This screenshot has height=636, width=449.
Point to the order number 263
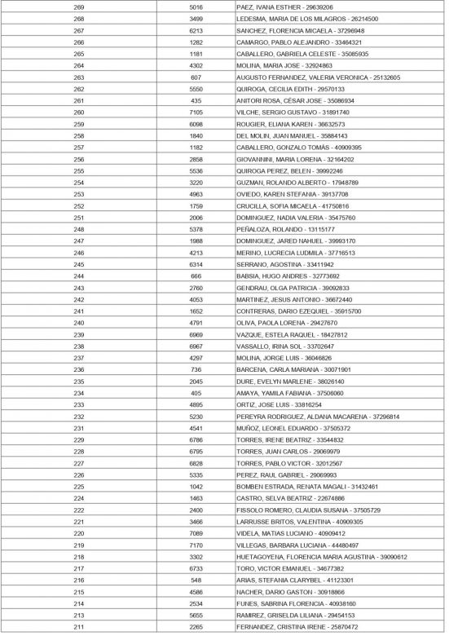pos(79,77)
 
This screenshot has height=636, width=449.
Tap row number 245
pos(79,265)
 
